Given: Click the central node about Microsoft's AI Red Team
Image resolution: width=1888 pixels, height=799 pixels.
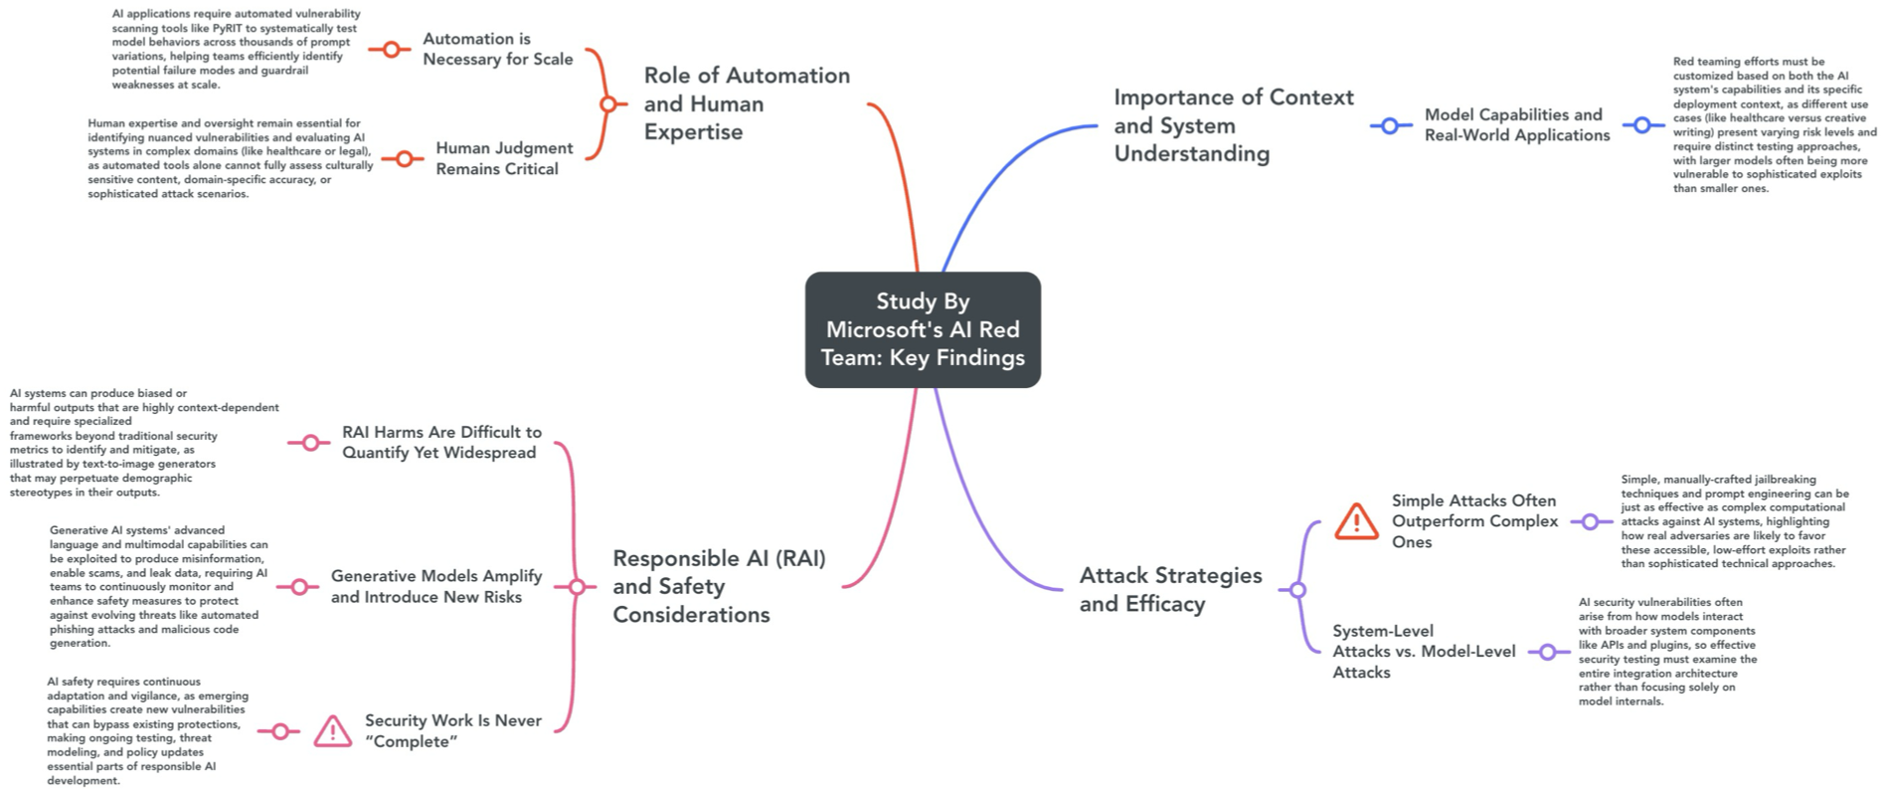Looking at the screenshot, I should (x=923, y=329).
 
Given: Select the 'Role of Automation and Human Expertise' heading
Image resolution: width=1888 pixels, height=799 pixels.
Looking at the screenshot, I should (x=746, y=103).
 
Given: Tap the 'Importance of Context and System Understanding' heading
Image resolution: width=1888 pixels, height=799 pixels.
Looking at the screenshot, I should (x=1233, y=125).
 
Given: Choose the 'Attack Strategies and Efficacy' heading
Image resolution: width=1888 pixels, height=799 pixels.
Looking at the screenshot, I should (x=1170, y=589).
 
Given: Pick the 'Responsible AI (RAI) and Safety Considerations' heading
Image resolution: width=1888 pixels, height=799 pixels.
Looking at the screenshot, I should (x=718, y=586).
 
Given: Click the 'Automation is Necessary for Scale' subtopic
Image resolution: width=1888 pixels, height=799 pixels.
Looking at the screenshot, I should (x=497, y=49).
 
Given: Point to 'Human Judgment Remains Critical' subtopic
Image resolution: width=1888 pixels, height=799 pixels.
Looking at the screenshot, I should (x=503, y=158).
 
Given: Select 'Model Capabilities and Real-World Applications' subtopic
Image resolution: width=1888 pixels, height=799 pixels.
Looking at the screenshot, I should (x=1516, y=125).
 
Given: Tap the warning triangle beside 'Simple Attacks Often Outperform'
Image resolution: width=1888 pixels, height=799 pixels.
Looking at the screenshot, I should (x=1356, y=521).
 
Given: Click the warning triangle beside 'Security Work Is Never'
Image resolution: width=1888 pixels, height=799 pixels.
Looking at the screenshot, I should (x=332, y=731).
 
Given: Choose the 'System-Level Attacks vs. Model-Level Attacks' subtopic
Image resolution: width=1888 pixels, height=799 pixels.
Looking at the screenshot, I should (x=1423, y=652).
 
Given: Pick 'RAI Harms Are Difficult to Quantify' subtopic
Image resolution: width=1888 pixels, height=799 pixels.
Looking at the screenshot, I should (x=440, y=442).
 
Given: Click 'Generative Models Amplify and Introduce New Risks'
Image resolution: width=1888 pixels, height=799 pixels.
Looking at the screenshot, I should (x=435, y=586).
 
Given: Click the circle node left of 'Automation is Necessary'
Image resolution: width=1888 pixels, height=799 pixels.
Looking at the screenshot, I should (x=391, y=49).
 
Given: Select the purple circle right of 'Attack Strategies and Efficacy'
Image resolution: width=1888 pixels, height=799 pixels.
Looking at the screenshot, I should (x=1297, y=590).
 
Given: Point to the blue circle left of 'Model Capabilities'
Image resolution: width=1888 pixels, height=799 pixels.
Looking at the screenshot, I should (x=1390, y=125).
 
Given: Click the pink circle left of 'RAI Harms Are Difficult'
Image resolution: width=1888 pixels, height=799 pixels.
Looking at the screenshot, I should (x=309, y=443).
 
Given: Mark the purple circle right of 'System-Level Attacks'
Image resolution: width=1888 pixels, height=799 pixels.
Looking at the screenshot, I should (x=1547, y=652).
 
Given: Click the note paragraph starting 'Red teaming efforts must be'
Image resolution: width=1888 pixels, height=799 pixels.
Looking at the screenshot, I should (x=1773, y=125).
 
